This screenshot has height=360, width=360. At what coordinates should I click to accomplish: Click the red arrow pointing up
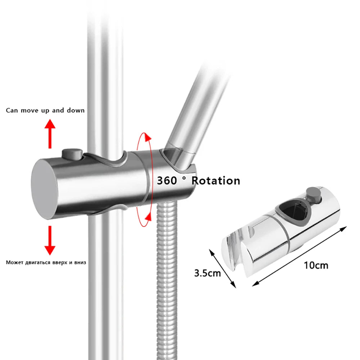[50, 135]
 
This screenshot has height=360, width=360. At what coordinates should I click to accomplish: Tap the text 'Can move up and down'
[45, 110]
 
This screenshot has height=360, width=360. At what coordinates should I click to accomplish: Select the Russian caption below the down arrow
[46, 262]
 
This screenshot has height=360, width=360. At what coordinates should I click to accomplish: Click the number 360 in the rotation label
[167, 180]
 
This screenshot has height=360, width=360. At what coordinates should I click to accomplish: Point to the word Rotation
[215, 180]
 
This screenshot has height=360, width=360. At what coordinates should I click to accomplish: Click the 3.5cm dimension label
[207, 273]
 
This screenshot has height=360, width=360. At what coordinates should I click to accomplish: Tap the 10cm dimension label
[316, 266]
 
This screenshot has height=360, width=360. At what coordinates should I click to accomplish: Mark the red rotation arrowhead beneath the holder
[147, 216]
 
